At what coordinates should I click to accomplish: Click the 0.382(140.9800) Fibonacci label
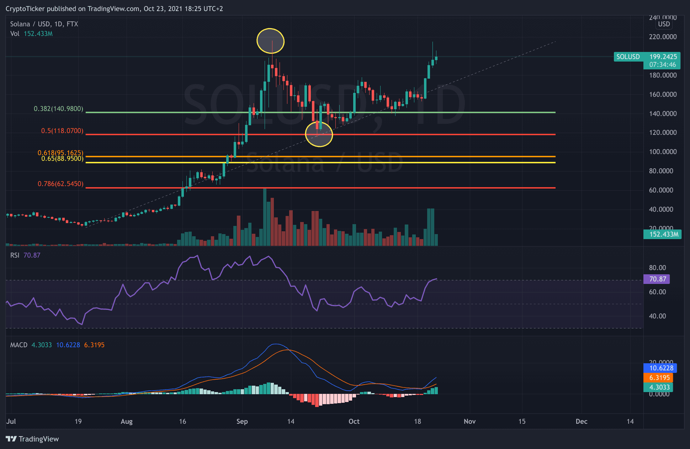pos(58,109)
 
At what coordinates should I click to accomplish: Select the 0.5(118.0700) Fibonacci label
pos(62,131)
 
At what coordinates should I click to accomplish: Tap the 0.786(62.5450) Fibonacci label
pos(60,184)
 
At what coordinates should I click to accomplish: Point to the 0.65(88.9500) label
pos(62,159)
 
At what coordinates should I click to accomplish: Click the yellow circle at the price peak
pos(270,41)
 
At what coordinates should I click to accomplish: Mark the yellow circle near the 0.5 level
pos(319,134)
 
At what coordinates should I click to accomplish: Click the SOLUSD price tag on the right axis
pos(628,57)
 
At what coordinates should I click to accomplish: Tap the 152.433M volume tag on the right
pos(662,234)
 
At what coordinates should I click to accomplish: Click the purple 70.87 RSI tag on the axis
pos(657,279)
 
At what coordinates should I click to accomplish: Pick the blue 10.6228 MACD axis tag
pos(661,368)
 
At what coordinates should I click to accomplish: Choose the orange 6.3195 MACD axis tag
pos(659,378)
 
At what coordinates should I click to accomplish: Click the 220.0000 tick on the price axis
pos(663,37)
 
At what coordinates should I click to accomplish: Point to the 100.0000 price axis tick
pos(663,152)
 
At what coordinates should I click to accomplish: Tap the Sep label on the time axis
pos(242,422)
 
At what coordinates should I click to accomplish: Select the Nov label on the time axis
pos(469,422)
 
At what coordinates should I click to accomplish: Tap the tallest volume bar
pos(265,217)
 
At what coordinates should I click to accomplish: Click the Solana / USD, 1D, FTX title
pos(44,24)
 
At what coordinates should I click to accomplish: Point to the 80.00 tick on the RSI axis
pos(657,268)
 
